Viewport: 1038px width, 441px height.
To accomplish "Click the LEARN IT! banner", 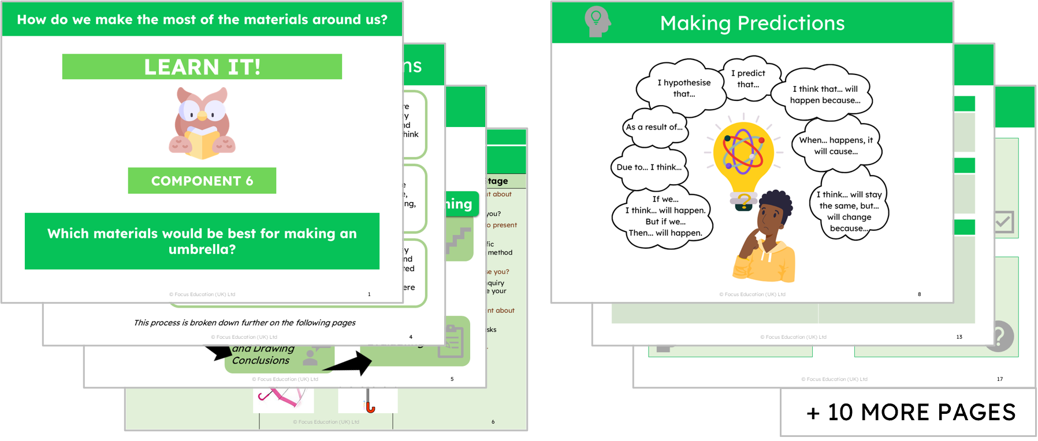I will tap(202, 67).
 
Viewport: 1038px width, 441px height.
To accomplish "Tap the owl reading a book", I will tap(202, 123).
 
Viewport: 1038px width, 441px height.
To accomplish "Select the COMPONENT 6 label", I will tap(202, 181).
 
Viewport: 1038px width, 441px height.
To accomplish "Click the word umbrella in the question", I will tap(202, 249).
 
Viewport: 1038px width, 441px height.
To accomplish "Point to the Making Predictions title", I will tap(752, 23).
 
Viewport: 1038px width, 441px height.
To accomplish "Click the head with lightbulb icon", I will tap(597, 22).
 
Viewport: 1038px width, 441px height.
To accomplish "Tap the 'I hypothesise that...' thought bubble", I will tap(683, 88).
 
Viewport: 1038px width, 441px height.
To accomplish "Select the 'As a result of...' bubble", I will tap(654, 127).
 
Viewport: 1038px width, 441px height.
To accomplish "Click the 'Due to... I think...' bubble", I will tap(649, 167).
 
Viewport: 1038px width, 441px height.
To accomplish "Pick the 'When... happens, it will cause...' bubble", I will tap(836, 146).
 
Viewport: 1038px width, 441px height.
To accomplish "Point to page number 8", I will tap(919, 294).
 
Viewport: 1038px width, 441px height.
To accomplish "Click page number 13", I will tap(959, 337).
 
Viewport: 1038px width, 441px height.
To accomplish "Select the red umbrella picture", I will tap(369, 401).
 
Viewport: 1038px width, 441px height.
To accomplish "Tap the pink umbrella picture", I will tap(282, 398).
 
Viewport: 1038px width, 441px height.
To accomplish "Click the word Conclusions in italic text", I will tap(261, 360).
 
